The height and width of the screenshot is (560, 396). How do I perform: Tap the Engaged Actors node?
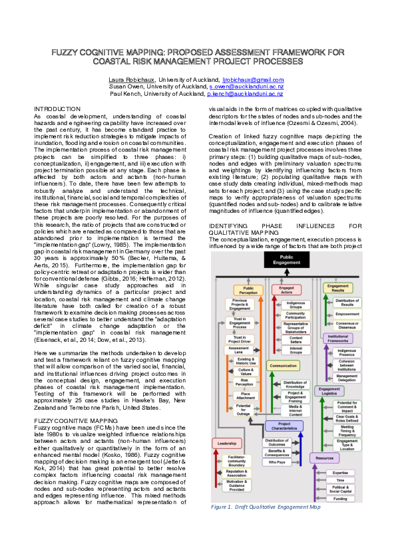click(x=286, y=291)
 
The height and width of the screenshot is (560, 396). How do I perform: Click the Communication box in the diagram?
click(x=284, y=365)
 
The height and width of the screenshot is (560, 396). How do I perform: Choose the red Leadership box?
click(x=227, y=442)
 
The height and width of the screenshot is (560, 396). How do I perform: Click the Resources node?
click(x=324, y=458)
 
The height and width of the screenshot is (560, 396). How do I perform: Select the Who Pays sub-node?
click(x=277, y=461)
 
